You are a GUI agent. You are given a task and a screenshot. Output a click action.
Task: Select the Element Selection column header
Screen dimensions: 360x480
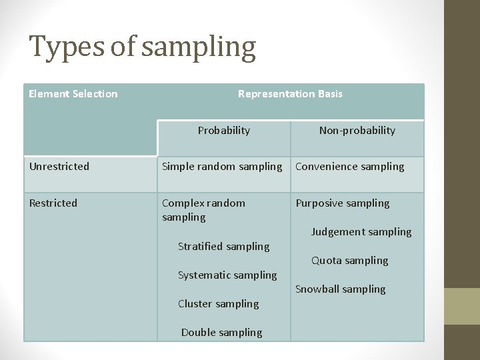[73, 94]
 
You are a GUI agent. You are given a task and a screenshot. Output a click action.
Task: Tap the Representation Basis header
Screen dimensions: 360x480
[290, 94]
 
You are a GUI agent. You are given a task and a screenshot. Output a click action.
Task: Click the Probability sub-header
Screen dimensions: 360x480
[223, 131]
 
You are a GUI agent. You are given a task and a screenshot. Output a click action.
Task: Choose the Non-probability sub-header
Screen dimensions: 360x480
[357, 131]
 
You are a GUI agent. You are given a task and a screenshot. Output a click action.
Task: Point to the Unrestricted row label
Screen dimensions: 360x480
[59, 167]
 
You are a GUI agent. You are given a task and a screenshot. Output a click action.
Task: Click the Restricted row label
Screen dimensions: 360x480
[53, 203]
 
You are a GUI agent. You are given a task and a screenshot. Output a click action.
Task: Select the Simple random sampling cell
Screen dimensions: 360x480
[222, 167]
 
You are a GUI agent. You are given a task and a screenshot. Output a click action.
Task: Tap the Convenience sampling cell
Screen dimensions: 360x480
[350, 167]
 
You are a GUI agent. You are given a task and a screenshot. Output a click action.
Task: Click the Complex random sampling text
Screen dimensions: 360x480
[203, 210]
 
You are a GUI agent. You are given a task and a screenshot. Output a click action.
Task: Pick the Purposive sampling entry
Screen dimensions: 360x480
[343, 203]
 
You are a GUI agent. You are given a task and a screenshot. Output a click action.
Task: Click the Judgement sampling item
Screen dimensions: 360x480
[361, 232]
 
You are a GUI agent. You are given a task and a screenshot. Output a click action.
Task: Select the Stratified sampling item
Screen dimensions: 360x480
[224, 247]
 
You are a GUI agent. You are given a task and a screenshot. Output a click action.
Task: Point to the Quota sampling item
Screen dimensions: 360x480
[350, 261]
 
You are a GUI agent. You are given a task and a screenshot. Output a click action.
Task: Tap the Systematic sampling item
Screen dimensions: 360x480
[227, 275]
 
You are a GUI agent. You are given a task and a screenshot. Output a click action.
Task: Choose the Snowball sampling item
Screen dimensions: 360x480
[341, 289]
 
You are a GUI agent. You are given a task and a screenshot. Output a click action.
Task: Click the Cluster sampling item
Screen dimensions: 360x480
[219, 304]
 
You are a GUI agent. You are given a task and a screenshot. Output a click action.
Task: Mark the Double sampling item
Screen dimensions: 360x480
[222, 333]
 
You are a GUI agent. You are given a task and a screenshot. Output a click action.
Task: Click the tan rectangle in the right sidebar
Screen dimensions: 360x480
[461, 306]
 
